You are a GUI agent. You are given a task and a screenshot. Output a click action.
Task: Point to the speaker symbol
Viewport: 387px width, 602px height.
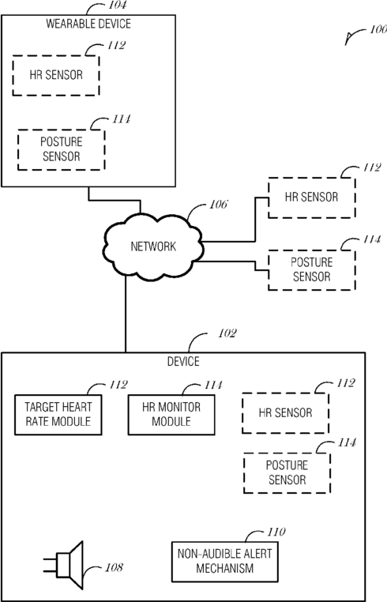tap(66, 565)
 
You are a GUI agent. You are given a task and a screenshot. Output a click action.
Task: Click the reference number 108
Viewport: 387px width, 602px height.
tap(114, 567)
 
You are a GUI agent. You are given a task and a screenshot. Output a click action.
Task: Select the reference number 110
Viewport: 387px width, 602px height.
tap(276, 532)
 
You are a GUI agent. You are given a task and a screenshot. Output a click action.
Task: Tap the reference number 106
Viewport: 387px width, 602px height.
tap(219, 205)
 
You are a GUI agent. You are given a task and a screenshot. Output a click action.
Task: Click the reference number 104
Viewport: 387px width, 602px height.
tap(118, 5)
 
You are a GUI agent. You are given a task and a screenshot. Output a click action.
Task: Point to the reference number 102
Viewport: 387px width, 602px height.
tap(227, 333)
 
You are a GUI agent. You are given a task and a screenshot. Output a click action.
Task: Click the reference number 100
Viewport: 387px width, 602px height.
tap(378, 29)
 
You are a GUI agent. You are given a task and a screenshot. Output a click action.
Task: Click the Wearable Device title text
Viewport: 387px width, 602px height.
tap(88, 24)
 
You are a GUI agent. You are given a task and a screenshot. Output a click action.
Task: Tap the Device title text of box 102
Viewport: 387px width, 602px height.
tap(183, 362)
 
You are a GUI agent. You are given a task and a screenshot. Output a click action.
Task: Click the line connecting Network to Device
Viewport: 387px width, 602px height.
tap(126, 314)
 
